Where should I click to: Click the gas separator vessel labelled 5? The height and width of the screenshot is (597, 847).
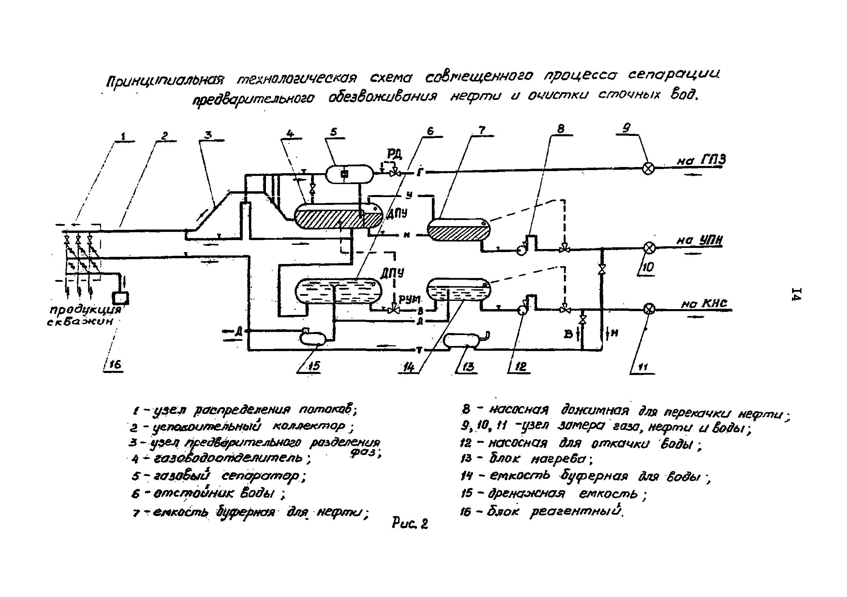click(x=349, y=174)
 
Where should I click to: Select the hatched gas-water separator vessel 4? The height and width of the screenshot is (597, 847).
click(x=338, y=217)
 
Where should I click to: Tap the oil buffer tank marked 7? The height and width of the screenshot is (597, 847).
click(x=458, y=230)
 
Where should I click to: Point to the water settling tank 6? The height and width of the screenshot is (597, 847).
click(x=338, y=291)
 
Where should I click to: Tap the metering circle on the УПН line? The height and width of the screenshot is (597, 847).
click(x=649, y=248)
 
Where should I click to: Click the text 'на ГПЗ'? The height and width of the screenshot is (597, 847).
click(x=701, y=160)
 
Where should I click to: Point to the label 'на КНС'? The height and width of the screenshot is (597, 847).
click(x=704, y=303)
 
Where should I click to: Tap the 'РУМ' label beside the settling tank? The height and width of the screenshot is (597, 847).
click(x=409, y=299)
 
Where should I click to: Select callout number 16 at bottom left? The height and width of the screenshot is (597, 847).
click(x=115, y=365)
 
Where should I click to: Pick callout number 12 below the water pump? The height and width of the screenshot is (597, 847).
click(x=521, y=366)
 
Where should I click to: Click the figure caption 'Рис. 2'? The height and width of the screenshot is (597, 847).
click(x=409, y=524)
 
